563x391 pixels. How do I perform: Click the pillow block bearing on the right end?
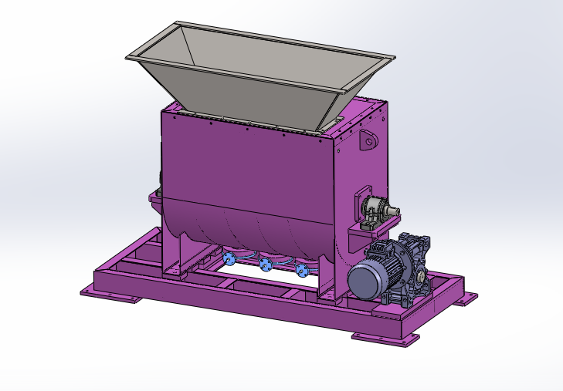[x=374, y=211]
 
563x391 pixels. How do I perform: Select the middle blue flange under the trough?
[x=266, y=265]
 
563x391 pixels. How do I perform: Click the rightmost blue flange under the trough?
[x=301, y=270]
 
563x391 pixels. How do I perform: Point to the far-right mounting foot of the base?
[x=465, y=298]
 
